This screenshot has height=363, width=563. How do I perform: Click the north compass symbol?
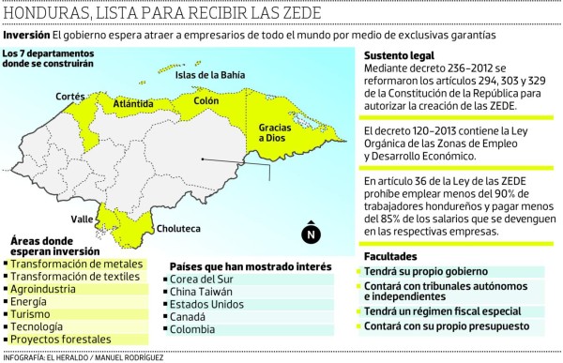click(312, 234)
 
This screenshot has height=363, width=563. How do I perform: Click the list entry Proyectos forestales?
click(61, 339)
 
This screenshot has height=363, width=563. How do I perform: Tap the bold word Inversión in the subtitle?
click(26, 35)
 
